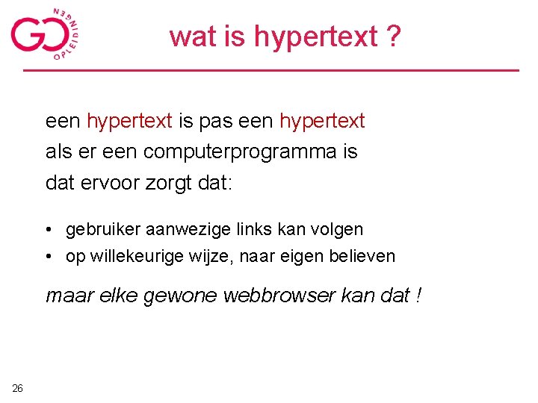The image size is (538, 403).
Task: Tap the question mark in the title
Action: [x=393, y=36]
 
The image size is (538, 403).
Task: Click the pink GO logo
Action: [x=45, y=34]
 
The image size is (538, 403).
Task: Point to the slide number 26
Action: [x=18, y=387]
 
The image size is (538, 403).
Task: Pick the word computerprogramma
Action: [x=242, y=151]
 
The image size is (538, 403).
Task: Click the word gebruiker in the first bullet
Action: [x=100, y=229]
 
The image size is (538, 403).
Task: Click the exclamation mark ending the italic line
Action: [x=418, y=296]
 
